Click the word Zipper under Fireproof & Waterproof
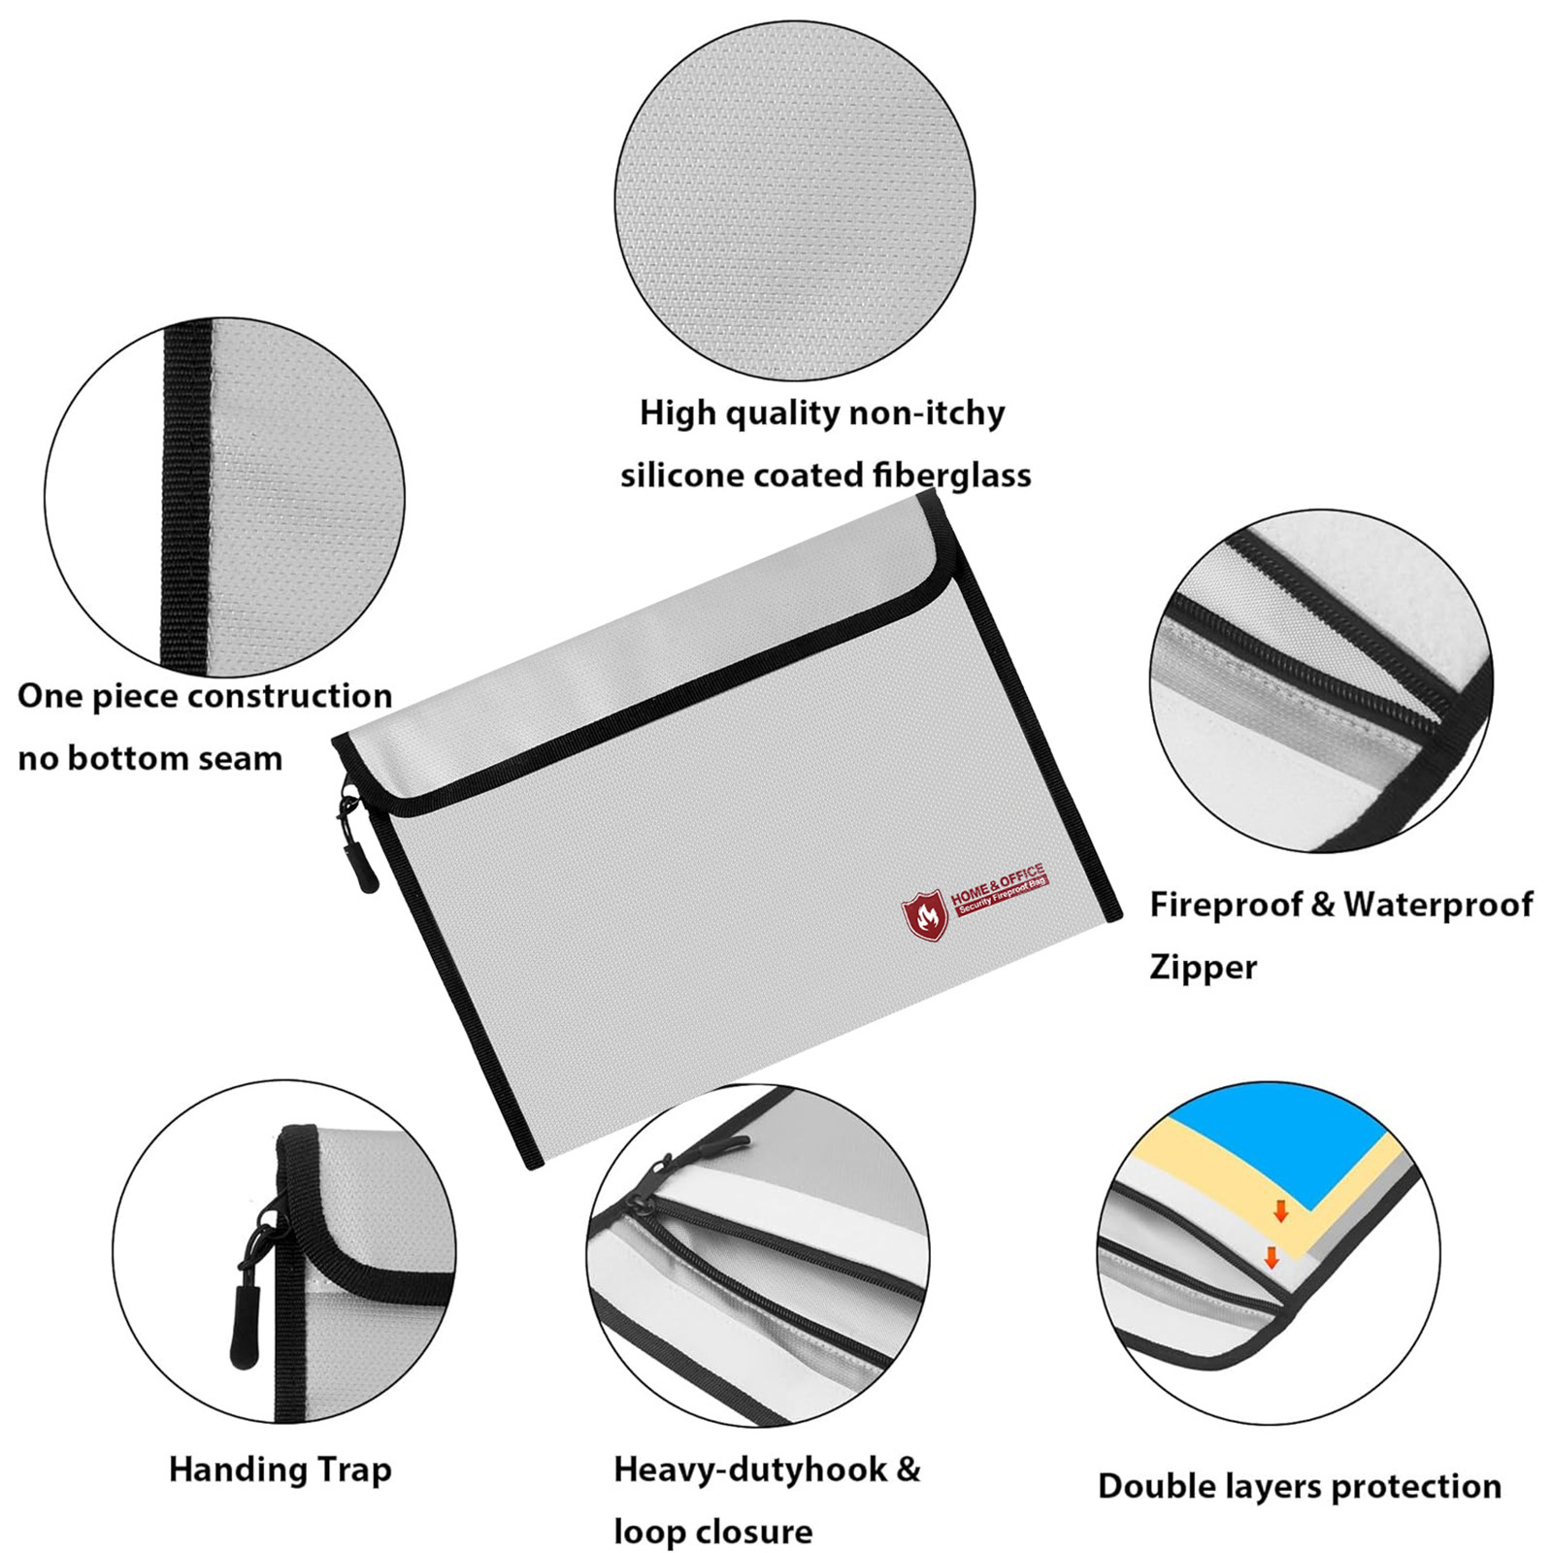pyautogui.click(x=1203, y=968)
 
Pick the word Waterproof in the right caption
pyautogui.click(x=1437, y=905)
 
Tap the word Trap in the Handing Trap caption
pyautogui.click(x=353, y=1470)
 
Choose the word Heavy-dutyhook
pyautogui.click(x=750, y=1470)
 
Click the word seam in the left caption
pyautogui.click(x=242, y=758)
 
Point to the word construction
pyautogui.click(x=290, y=696)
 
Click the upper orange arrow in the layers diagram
pyautogui.click(x=1280, y=1210)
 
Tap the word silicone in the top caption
pyautogui.click(x=682, y=476)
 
